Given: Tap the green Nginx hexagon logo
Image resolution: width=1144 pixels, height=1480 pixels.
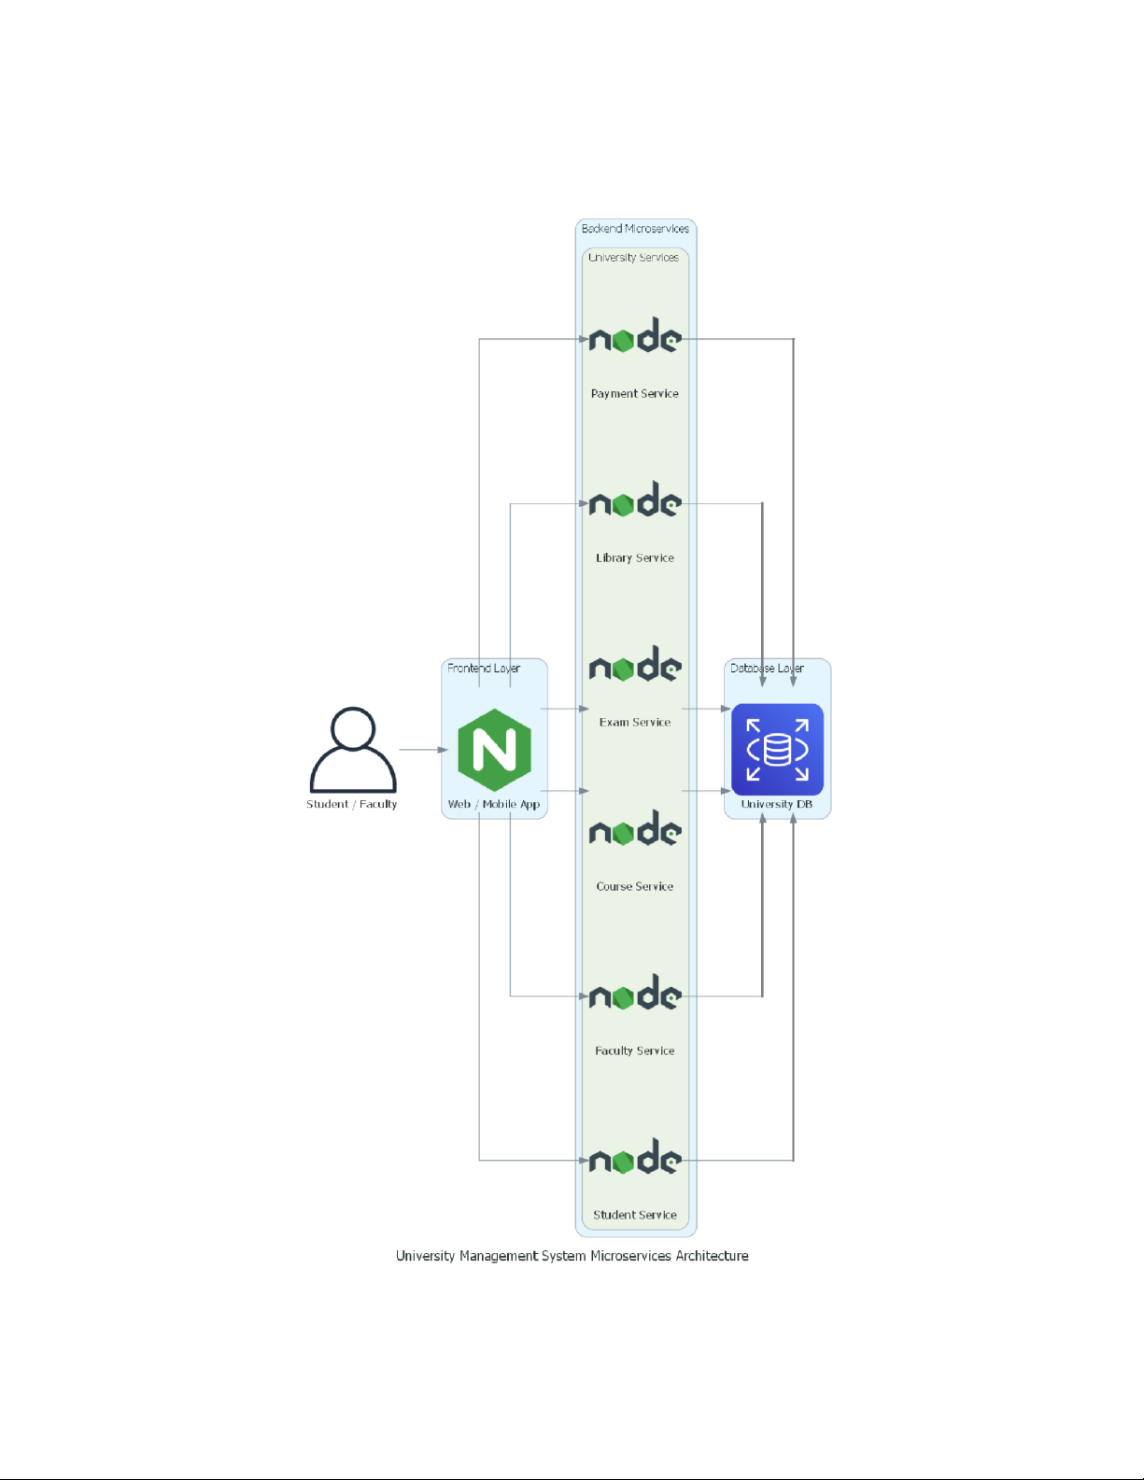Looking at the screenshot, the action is click(x=494, y=749).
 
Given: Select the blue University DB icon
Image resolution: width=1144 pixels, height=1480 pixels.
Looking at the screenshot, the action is click(x=777, y=749).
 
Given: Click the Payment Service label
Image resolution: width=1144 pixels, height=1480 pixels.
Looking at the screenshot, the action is click(x=635, y=394).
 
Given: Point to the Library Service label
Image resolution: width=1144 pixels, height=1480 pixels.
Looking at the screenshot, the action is click(x=635, y=557).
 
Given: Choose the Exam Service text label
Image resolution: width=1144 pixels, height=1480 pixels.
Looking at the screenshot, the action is click(x=635, y=722).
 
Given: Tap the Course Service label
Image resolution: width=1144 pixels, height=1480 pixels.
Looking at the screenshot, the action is click(x=635, y=886).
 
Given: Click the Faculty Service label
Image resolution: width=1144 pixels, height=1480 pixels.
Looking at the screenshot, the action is click(x=635, y=1050).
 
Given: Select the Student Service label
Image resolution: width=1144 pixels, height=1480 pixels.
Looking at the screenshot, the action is click(x=635, y=1215).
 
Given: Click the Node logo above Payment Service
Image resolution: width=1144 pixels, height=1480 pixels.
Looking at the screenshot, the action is click(x=635, y=335).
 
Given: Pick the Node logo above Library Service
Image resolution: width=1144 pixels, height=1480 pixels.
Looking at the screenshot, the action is click(x=635, y=500).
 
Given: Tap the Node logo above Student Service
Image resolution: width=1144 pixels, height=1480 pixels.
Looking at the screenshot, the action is click(x=635, y=1157).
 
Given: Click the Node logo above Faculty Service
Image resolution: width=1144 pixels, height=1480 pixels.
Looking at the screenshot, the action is click(x=635, y=993).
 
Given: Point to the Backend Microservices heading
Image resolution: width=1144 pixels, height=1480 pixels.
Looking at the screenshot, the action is click(x=635, y=229).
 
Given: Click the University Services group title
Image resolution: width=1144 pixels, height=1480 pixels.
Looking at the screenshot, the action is click(x=633, y=258).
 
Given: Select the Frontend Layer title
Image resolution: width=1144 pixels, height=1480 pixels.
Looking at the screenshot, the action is click(x=484, y=669).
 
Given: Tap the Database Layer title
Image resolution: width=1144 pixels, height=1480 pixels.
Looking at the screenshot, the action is click(x=767, y=669).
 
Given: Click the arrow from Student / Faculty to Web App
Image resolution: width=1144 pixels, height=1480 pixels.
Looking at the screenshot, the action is click(x=424, y=750).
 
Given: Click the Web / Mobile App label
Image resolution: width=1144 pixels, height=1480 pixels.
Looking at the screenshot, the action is click(x=494, y=804).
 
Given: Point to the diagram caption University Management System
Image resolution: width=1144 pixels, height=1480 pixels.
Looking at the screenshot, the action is click(x=572, y=1256).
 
